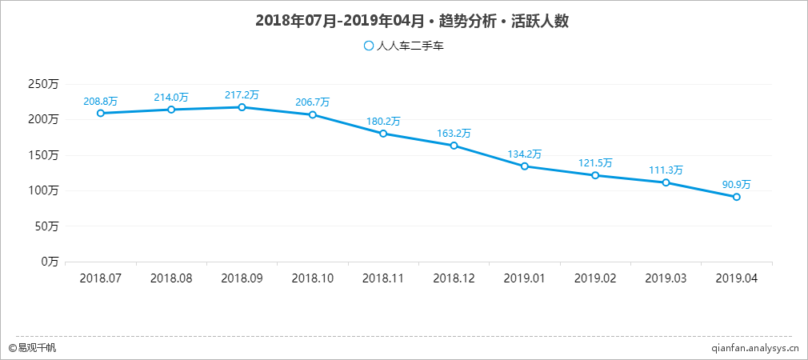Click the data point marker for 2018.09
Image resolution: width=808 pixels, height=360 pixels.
pos(242,107)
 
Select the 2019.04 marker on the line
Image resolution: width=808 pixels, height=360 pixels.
pos(736,197)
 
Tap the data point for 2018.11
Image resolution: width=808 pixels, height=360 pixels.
pos(383,134)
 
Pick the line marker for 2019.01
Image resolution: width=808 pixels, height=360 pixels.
pos(524,166)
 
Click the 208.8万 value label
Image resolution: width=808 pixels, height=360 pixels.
pos(100,102)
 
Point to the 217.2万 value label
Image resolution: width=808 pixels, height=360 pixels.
pos(242,95)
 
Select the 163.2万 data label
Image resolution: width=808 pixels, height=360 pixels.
pos(454,134)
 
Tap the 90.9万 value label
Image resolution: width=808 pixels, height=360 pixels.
pos(736,185)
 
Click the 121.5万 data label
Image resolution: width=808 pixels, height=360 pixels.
pos(595,163)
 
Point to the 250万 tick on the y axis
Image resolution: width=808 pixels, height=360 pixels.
pos(43,84)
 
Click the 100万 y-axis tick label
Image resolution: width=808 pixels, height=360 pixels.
pos(43,190)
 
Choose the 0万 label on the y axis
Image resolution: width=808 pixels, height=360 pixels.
pos(50,262)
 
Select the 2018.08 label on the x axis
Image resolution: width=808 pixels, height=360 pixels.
pos(171,278)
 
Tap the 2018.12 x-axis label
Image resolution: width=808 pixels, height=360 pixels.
pos(454,278)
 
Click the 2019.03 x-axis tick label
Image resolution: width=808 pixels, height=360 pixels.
pos(666,278)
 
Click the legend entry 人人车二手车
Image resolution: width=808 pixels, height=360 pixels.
pos(403,46)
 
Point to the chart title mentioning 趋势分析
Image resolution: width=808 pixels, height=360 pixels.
pos(411,21)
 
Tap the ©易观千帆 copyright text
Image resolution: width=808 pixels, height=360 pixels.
pos(32,348)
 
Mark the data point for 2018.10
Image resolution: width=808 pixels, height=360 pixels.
pos(313,114)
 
